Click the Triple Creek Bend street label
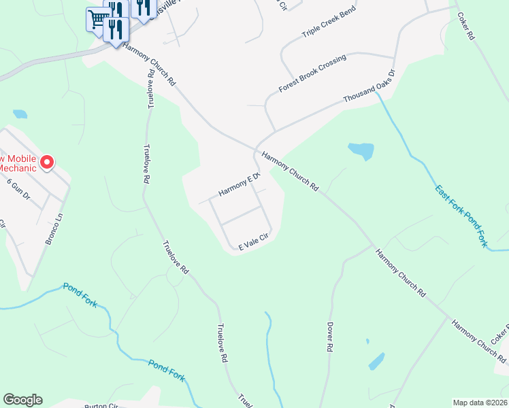329,24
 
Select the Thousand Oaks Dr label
369,86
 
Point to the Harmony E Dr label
240,184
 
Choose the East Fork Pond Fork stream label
461,216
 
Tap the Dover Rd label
329,337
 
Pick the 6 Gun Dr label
19,188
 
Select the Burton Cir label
101,405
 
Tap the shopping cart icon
97,18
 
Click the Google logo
22,400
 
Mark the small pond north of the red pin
20,114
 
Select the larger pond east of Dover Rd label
376,361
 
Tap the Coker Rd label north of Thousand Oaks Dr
465,27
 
